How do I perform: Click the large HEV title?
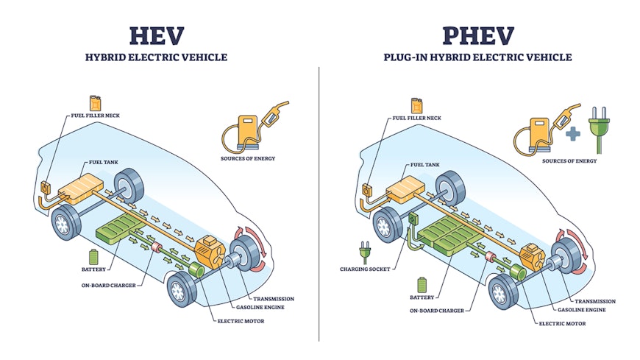157,36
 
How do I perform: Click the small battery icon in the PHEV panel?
421,283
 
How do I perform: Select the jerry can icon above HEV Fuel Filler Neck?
95,104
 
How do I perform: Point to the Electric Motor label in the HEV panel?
240,321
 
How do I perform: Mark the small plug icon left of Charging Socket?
362,252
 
